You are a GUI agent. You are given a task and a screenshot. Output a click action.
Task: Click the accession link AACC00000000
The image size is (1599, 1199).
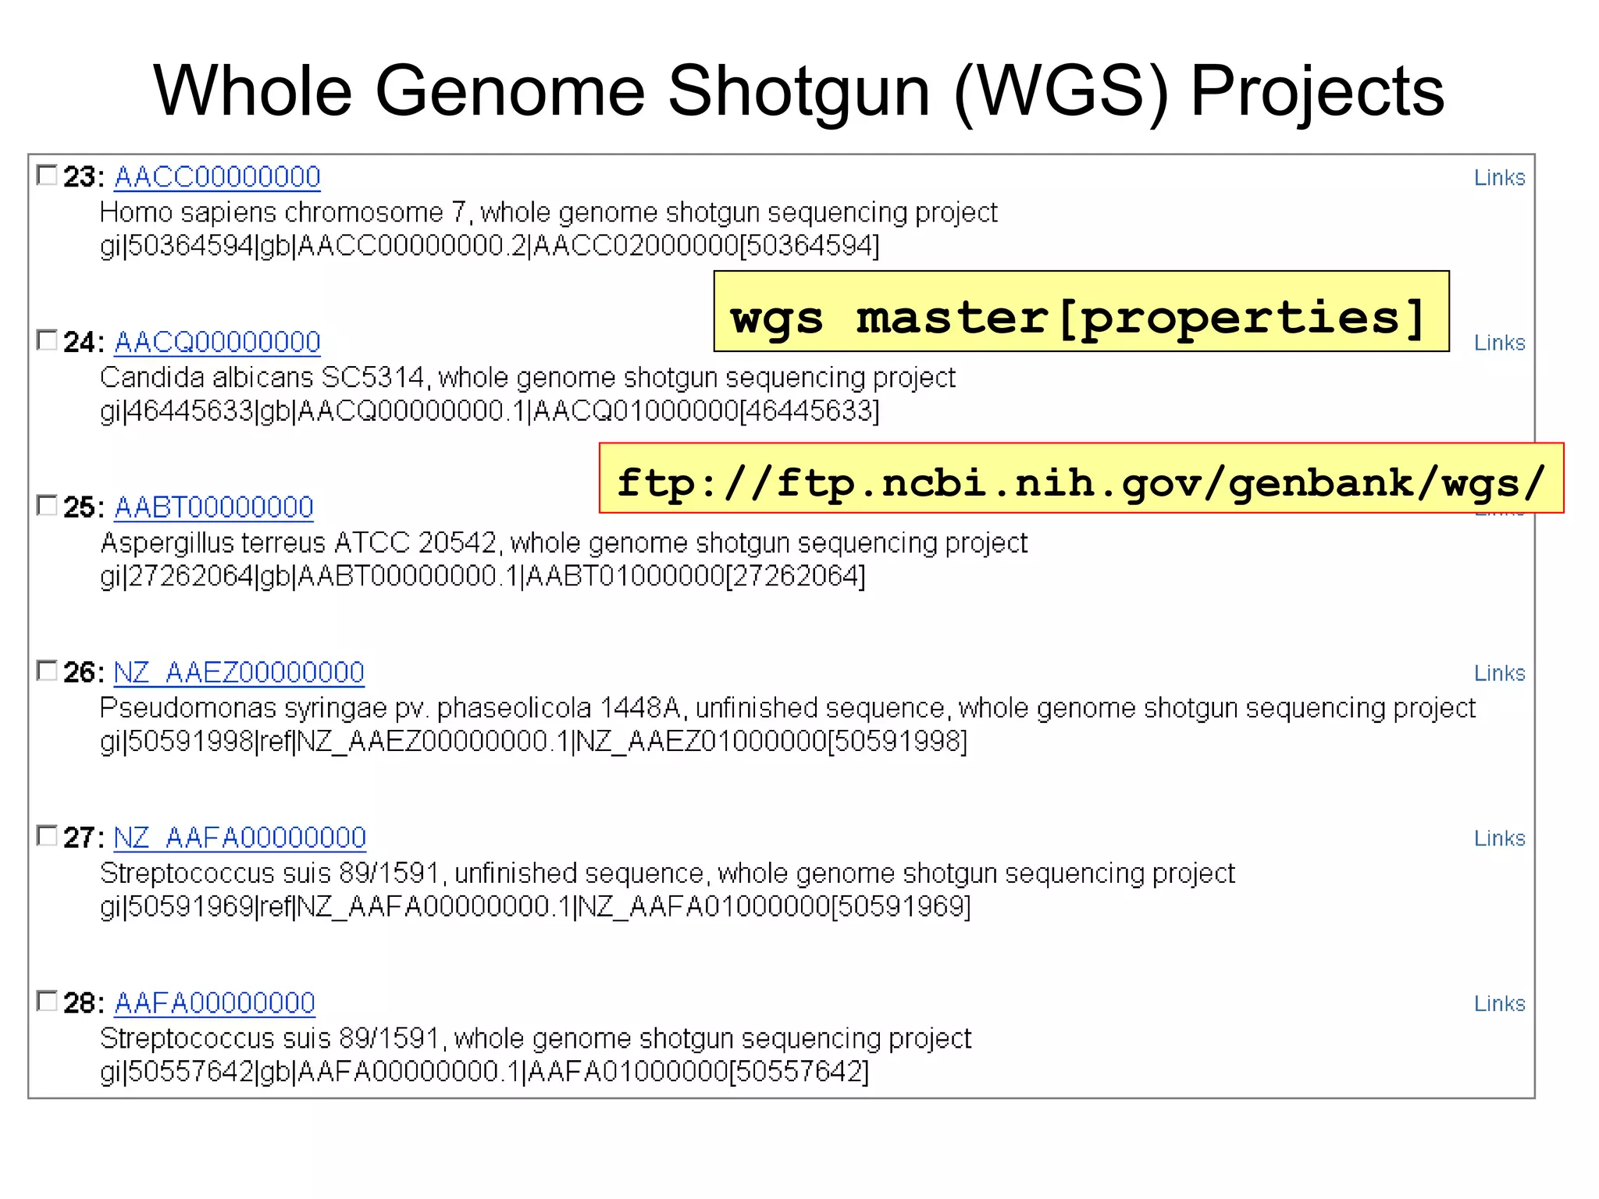click(x=217, y=177)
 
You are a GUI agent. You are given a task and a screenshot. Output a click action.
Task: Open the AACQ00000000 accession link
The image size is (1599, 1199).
click(x=217, y=342)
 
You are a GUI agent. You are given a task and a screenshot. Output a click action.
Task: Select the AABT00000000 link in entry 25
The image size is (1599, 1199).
click(x=214, y=507)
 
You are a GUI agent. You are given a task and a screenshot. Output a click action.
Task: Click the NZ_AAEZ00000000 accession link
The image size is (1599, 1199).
click(x=239, y=672)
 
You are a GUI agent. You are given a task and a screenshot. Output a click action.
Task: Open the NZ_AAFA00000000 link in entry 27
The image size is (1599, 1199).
click(x=240, y=838)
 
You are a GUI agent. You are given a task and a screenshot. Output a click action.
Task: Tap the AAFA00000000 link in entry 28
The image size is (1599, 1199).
click(x=215, y=1003)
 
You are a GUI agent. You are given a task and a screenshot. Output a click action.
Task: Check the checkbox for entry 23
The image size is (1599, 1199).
click(x=48, y=175)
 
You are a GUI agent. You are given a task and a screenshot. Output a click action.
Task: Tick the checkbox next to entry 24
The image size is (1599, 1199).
click(x=48, y=340)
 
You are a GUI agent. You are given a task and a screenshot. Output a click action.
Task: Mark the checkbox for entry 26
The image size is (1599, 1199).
click(x=48, y=671)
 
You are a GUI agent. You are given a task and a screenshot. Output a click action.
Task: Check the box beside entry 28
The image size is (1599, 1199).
click(x=48, y=1001)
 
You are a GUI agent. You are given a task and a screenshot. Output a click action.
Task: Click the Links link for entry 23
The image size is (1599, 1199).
click(x=1499, y=178)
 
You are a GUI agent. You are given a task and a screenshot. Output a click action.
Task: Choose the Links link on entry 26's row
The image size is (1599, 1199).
click(x=1499, y=673)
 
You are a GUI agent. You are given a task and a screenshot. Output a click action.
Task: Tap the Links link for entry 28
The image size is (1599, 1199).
click(x=1499, y=1004)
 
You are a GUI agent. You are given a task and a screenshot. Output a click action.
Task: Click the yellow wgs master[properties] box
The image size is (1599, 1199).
click(x=1081, y=312)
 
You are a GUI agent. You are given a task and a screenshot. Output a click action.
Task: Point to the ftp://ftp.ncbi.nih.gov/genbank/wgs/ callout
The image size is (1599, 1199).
click(x=1081, y=479)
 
